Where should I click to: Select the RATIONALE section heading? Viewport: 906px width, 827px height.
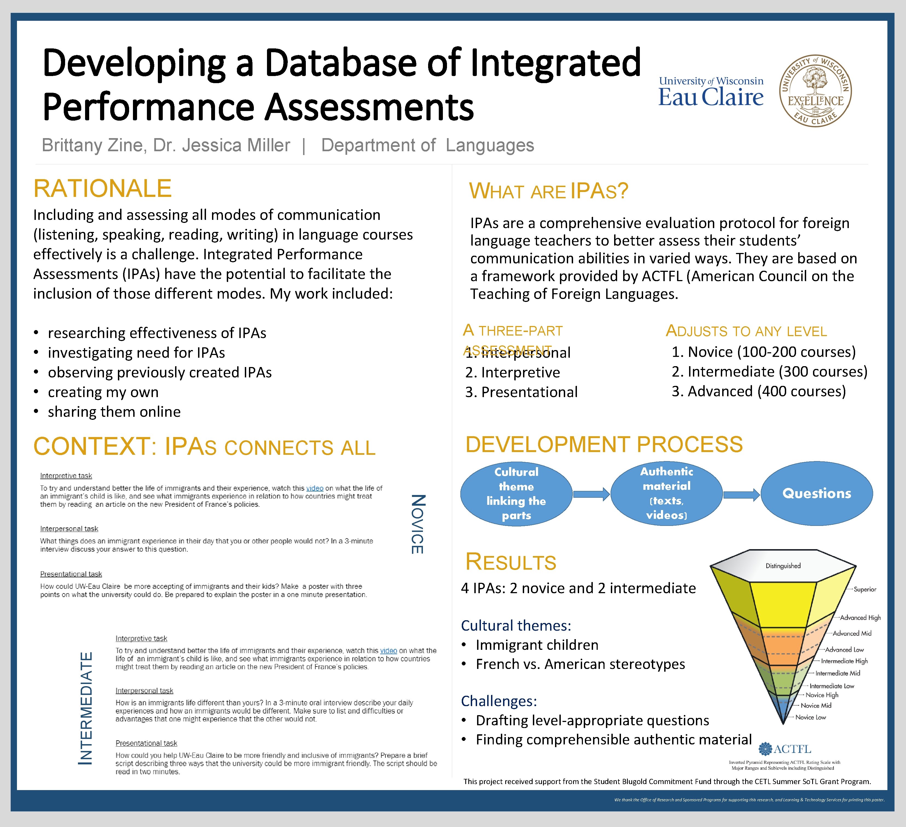103,188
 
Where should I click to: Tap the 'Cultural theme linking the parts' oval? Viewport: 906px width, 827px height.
516,494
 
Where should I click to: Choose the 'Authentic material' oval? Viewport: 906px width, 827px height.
666,493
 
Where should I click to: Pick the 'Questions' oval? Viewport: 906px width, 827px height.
817,493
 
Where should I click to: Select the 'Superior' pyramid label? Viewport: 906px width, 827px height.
865,589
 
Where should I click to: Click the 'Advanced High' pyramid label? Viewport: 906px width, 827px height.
860,618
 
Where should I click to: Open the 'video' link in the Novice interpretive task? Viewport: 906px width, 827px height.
315,488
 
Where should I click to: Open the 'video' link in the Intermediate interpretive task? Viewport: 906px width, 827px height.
389,650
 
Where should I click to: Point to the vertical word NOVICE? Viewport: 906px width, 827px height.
417,524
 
